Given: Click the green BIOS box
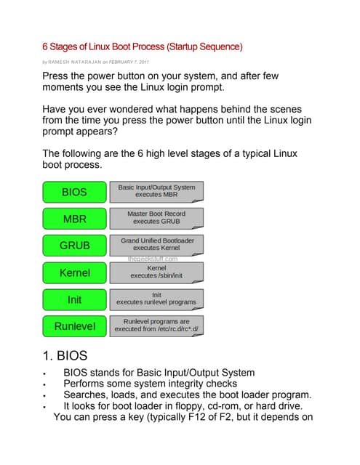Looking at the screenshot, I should pyautogui.click(x=74, y=192).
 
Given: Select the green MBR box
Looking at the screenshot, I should pyautogui.click(x=74, y=218).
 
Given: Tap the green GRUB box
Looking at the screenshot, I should pyautogui.click(x=74, y=246).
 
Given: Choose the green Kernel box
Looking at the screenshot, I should pyautogui.click(x=74, y=272).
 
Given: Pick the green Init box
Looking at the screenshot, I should pyautogui.click(x=74, y=299).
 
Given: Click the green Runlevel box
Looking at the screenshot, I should pyautogui.click(x=74, y=326).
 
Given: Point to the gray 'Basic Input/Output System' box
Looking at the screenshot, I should pyautogui.click(x=156, y=191).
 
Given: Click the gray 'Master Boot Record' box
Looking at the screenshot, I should pyautogui.click(x=156, y=217).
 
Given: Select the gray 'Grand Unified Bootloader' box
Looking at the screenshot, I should pyautogui.click(x=156, y=243).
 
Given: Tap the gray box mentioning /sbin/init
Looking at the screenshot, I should pyautogui.click(x=156, y=272).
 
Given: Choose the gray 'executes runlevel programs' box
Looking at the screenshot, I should pyautogui.click(x=156, y=298).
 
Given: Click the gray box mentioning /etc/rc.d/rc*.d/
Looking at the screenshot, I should pyautogui.click(x=156, y=325).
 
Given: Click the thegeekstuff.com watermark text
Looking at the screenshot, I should pyautogui.click(x=152, y=258).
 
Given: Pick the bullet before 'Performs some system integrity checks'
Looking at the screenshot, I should pyautogui.click(x=45, y=384).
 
